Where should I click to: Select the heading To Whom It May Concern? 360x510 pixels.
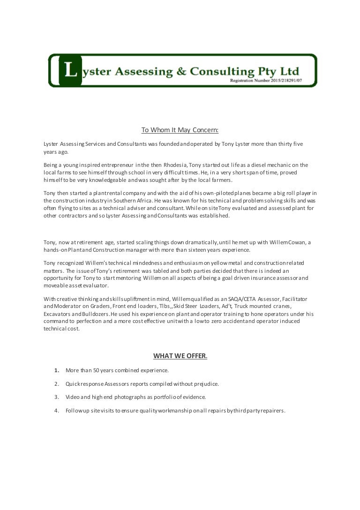(x=180, y=130)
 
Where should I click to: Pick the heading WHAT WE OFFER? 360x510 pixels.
(x=180, y=356)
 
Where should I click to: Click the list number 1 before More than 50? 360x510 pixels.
(x=57, y=370)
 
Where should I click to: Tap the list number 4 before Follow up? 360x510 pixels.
(x=57, y=411)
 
